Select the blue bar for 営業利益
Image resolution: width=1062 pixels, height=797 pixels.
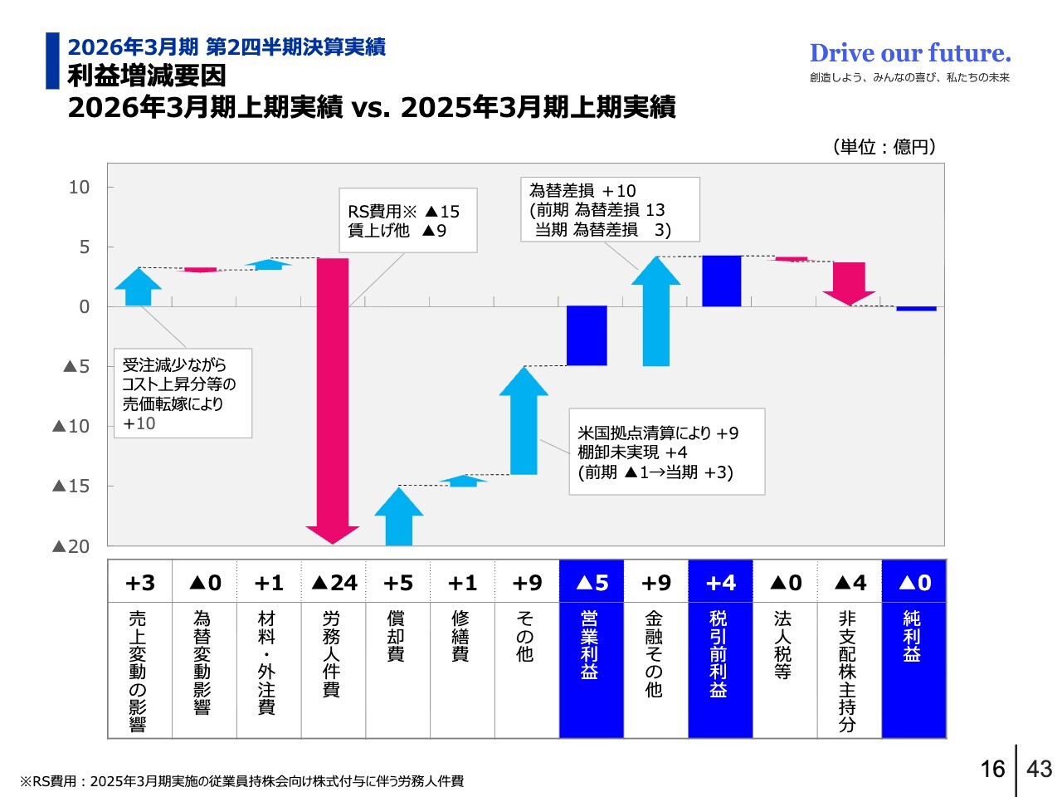tap(587, 335)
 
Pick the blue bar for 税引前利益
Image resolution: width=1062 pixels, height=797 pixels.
tap(721, 281)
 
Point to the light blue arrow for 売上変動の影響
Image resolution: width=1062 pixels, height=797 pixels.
tap(139, 286)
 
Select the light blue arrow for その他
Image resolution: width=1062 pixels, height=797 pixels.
tap(524, 423)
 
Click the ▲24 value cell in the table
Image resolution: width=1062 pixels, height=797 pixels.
tap(334, 583)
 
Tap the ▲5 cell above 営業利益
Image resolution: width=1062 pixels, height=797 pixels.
tap(591, 583)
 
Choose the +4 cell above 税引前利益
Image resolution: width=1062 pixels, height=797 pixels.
tap(720, 583)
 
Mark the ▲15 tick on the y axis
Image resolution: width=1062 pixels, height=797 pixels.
tap(71, 487)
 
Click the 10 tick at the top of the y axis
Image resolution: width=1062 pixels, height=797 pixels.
tap(79, 188)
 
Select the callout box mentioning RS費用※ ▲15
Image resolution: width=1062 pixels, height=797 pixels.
tap(407, 220)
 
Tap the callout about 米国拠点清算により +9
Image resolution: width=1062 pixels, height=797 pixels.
tap(666, 452)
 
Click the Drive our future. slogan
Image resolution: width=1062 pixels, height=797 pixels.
tap(910, 53)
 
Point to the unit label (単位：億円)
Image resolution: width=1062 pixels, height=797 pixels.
tap(884, 147)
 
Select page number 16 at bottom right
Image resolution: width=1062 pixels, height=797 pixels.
tap(992, 769)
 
